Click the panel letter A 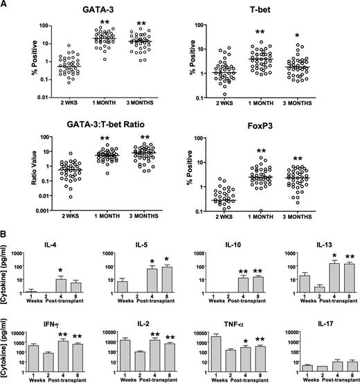pos(7,6)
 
